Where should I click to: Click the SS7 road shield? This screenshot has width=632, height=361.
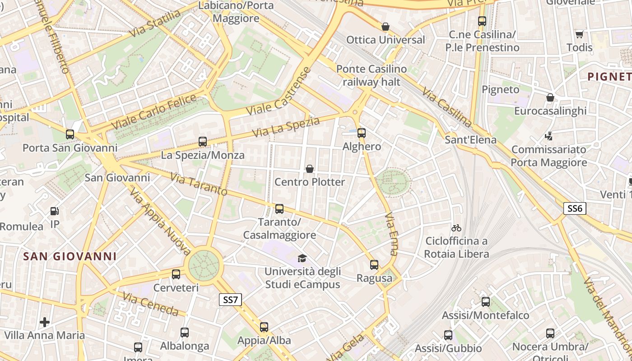230,300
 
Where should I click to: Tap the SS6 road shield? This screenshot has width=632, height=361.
575,208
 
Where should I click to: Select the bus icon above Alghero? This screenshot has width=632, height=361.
361,133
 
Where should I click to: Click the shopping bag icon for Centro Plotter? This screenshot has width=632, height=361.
310,169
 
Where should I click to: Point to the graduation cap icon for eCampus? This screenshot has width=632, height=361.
302,258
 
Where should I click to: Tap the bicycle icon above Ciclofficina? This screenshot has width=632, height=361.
456,228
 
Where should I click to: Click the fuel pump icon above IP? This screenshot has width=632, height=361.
54,211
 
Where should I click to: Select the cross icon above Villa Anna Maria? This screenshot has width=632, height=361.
44,322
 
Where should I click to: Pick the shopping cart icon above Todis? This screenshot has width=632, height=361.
579,34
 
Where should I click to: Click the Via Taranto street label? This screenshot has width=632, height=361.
199,184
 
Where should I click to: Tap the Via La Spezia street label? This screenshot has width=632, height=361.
286,127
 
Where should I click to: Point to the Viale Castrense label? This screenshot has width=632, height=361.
279,92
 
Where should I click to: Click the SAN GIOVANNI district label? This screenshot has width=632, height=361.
70,256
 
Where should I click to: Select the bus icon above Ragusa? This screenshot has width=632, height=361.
374,265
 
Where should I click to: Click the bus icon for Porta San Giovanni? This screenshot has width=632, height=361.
70,134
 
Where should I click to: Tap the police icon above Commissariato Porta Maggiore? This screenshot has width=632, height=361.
549,135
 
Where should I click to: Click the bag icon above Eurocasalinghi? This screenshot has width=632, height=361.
550,97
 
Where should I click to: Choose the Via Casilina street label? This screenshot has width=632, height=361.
447,107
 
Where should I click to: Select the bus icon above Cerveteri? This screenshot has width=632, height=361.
176,274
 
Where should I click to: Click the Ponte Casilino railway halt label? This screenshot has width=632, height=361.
372,75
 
